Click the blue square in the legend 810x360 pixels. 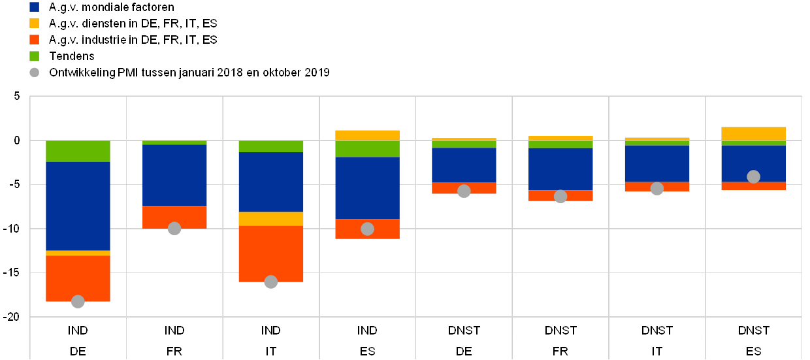pos(35,7)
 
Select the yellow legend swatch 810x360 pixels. pos(35,24)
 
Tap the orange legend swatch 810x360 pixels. pos(35,40)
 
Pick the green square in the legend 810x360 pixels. pos(35,56)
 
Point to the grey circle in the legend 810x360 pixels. pos(35,73)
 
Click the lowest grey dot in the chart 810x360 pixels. pos(78,301)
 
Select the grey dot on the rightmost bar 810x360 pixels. pos(753,176)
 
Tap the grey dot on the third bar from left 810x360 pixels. pos(271,282)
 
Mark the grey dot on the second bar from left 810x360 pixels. pos(174,228)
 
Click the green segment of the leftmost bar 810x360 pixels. pos(78,151)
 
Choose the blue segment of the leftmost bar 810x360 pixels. pos(78,206)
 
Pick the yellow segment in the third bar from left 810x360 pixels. pos(271,218)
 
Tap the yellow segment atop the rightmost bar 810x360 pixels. pos(753,133)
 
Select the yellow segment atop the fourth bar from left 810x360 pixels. pos(367,135)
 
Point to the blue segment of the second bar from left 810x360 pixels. pos(174,175)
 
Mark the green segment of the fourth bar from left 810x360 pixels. pos(367,149)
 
